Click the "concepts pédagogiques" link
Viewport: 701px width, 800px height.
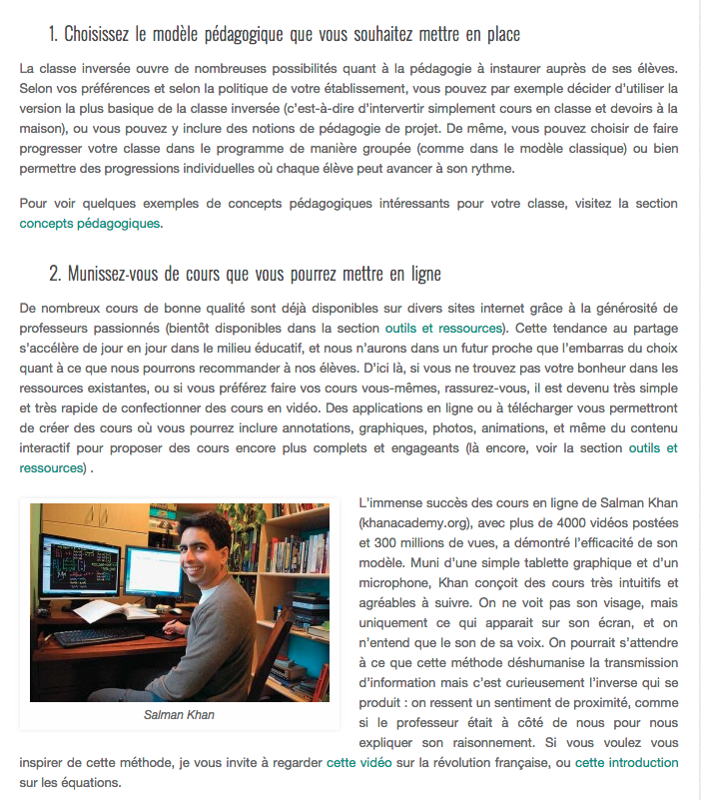click(x=90, y=224)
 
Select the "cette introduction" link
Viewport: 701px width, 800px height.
click(x=626, y=763)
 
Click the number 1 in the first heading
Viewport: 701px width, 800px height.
click(x=52, y=34)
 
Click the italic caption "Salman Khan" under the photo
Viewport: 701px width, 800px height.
click(x=179, y=715)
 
